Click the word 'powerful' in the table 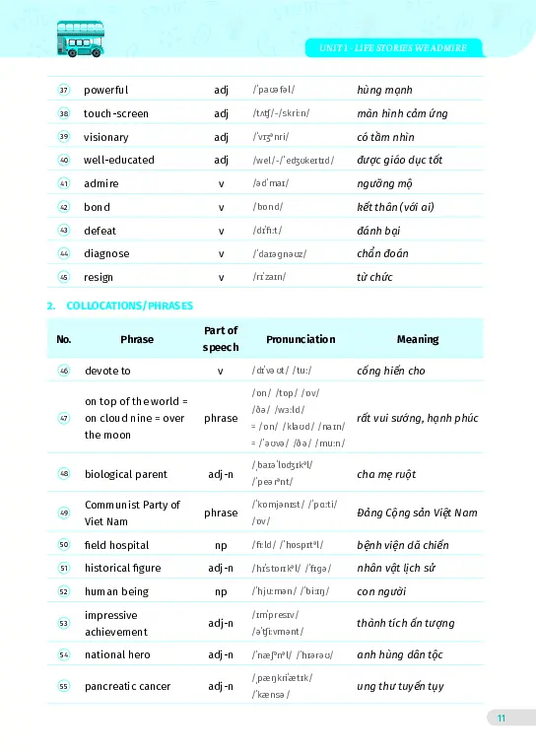point(105,91)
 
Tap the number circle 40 point(64,160)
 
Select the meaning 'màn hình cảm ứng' point(402,114)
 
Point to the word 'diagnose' point(106,253)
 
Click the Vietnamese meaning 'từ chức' point(374,277)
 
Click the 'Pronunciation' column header point(301,339)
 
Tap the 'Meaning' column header point(417,339)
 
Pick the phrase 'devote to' point(107,371)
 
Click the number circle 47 point(64,418)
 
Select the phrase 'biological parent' point(125,474)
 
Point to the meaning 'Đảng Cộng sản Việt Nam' point(417,513)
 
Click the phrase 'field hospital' point(116,545)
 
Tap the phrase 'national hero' point(117,654)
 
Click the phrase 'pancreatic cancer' point(127,686)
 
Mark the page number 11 point(501,718)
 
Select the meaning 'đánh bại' point(378,231)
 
